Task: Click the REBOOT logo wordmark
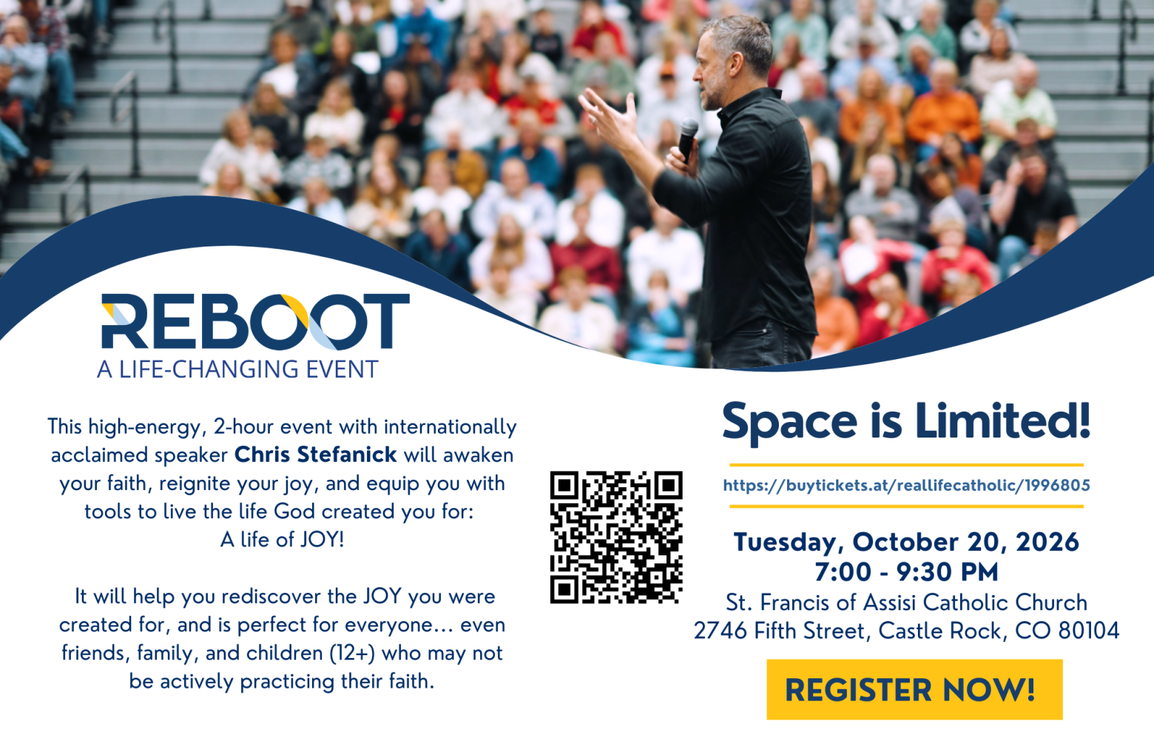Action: pos(255,322)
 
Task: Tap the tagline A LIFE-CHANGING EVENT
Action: pos(237,369)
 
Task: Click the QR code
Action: pos(616,537)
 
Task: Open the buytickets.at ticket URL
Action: pos(907,485)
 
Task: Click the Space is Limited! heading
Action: pos(907,421)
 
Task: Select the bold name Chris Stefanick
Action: pos(316,455)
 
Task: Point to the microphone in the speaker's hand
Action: pos(688,139)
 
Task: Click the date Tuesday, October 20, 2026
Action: pos(907,543)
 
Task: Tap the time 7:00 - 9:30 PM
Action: pos(907,572)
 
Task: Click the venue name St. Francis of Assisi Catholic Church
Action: pos(907,602)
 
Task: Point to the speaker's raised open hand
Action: pos(609,117)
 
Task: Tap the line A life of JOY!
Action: pos(283,540)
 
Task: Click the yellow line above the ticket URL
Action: pos(907,465)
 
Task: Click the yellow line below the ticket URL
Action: pos(907,507)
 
